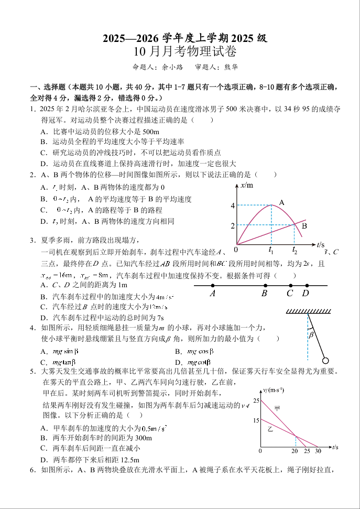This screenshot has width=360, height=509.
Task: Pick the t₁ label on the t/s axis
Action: pos(271,250)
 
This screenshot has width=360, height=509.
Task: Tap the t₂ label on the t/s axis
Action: pos(294,250)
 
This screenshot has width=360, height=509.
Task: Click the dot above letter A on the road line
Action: pos(212,286)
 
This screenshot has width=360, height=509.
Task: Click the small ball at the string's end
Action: pos(325,360)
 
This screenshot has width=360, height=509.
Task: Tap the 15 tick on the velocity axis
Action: pos(256,420)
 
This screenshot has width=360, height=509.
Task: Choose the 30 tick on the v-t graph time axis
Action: pos(318,451)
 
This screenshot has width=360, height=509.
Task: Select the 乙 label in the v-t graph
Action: pos(270,428)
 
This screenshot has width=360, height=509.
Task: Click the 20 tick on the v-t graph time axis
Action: pos(295,451)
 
